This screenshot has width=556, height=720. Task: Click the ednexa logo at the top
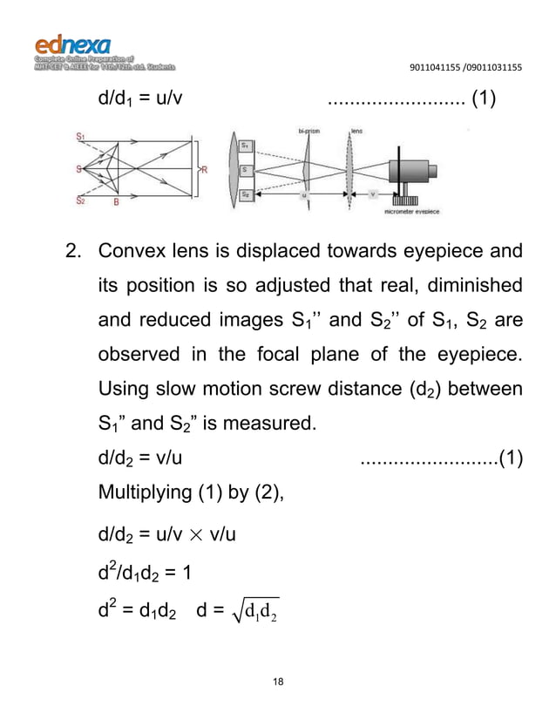[73, 44]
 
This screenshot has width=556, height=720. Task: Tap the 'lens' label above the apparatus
[356, 131]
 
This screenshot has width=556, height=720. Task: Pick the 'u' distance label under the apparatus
[303, 195]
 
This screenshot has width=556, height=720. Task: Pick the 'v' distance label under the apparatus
[375, 195]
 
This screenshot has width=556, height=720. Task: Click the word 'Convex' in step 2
[130, 253]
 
